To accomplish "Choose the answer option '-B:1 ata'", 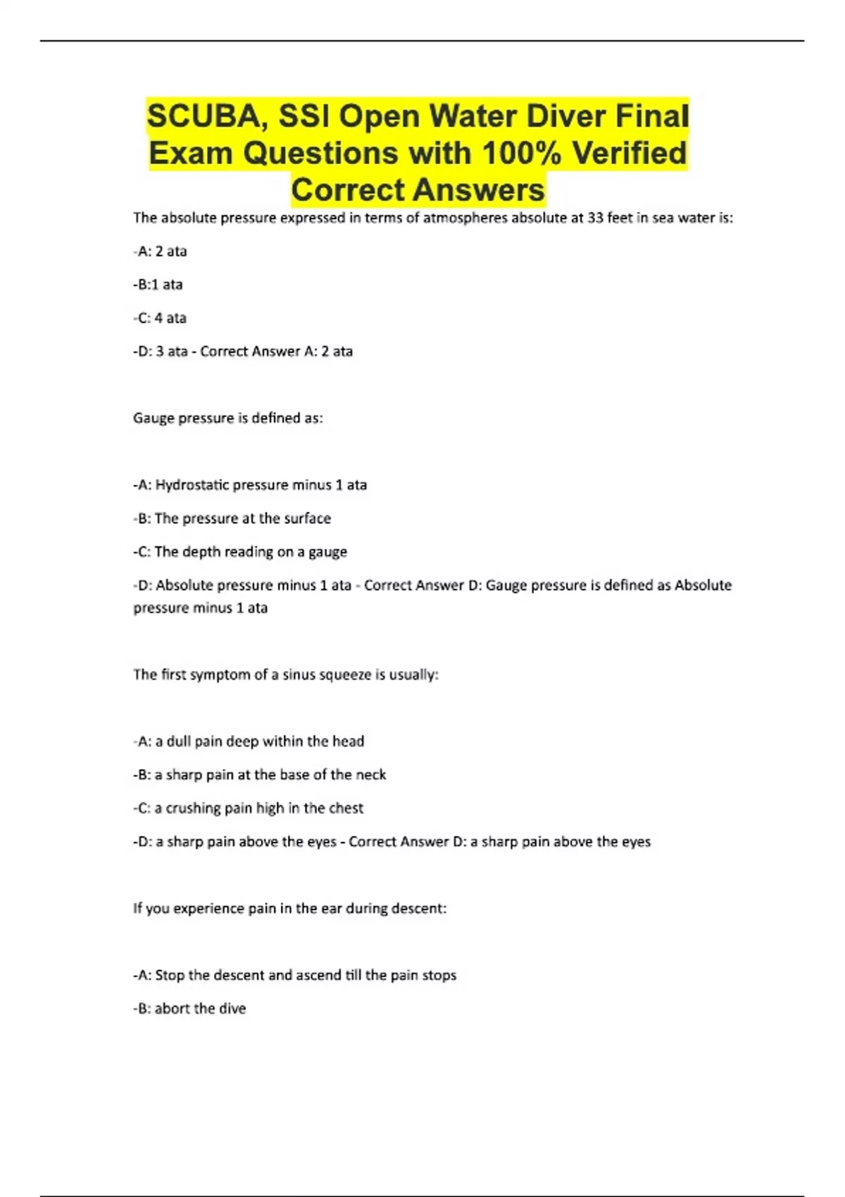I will coord(158,284).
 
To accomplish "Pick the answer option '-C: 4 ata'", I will coord(160,318).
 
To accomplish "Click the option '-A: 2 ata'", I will coord(160,251).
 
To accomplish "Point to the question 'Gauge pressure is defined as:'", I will coord(227,418).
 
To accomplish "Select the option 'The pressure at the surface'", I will coord(242,519).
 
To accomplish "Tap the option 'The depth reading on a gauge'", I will coord(250,552).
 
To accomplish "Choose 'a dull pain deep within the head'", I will coord(259,741).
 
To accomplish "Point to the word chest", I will coord(346,808).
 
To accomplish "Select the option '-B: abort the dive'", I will coord(189,1008).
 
